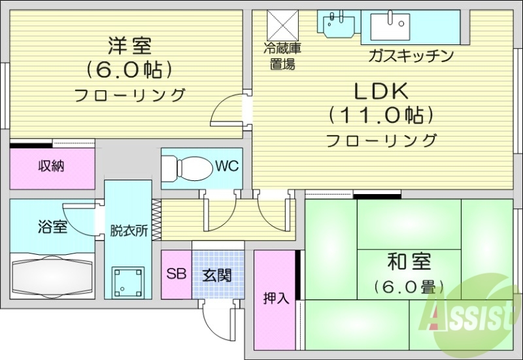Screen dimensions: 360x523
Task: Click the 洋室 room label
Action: point(129,46)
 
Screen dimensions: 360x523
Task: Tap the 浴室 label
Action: point(52,227)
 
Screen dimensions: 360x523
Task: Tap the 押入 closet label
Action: point(275,299)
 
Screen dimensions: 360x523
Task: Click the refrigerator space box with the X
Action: point(282,25)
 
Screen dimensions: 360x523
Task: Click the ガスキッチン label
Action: point(411,56)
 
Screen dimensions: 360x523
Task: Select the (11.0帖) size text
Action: point(382,116)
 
